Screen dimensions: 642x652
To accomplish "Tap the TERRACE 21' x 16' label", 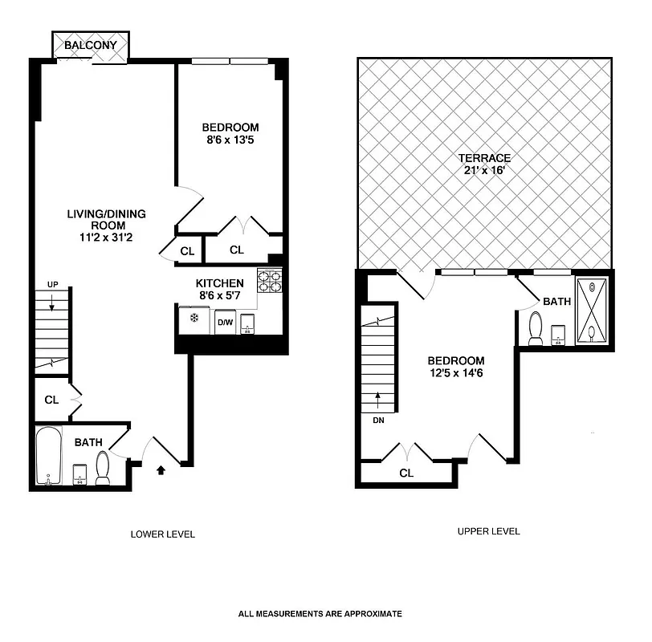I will [484, 165].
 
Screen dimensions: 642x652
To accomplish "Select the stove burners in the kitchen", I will [269, 281].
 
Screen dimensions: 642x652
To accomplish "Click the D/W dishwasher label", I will [226, 323].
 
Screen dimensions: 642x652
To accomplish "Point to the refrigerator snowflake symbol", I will [193, 318].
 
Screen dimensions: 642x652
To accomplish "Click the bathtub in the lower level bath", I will [48, 456].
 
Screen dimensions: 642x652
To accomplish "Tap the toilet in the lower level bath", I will [103, 468].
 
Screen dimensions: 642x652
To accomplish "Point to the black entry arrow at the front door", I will [161, 470].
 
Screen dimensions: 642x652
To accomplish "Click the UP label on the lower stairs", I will [53, 285].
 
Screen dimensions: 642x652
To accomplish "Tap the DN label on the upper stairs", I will [377, 420].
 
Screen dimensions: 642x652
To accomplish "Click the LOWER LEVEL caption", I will [162, 534].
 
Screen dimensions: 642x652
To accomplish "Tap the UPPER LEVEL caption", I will [488, 531].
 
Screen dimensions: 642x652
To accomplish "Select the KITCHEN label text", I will [219, 283].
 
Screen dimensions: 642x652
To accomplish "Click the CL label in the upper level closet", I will [406, 473].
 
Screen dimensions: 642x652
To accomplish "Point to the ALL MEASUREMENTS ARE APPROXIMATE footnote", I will [320, 614].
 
